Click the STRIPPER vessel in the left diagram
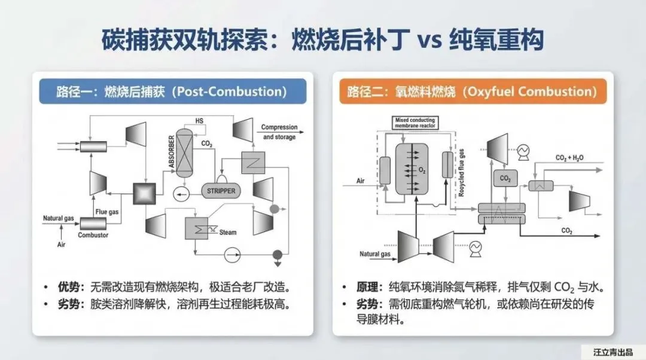pyautogui.click(x=222, y=191)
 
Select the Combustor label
pyautogui.click(x=93, y=235)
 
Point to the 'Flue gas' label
pyautogui.click(x=107, y=211)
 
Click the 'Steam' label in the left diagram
pyautogui.click(x=228, y=233)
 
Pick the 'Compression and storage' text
pyautogui.click(x=279, y=132)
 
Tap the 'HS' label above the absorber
pyautogui.click(x=199, y=121)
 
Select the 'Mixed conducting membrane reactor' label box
pyautogui.click(x=415, y=123)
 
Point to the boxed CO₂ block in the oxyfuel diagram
pyautogui.click(x=505, y=178)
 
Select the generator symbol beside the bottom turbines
pyautogui.click(x=477, y=246)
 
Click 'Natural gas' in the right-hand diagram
pyautogui.click(x=375, y=254)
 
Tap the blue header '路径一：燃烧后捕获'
pyautogui.click(x=172, y=91)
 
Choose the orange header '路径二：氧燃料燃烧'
pyautogui.click(x=472, y=91)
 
